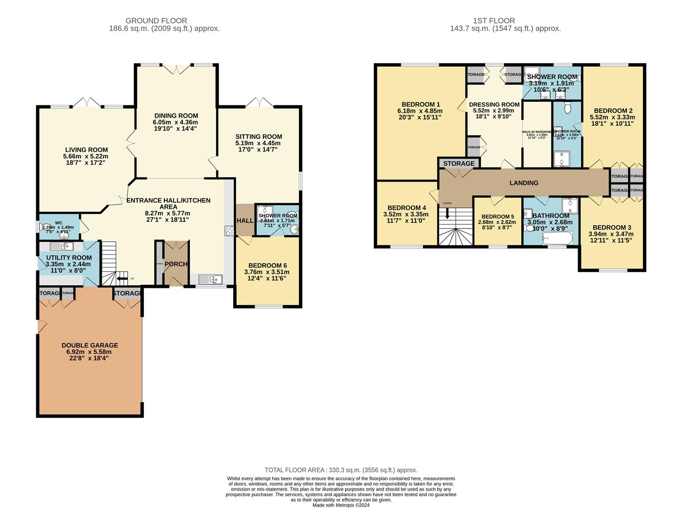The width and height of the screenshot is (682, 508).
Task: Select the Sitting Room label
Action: point(259,137)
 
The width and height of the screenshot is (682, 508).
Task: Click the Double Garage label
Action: point(90,345)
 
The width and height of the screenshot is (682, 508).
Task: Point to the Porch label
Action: point(176,264)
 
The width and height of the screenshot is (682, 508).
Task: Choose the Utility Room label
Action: point(69,258)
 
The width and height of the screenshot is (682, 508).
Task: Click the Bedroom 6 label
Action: point(267,265)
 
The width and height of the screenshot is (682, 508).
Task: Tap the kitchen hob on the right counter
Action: point(230,231)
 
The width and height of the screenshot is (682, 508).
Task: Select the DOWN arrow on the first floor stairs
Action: point(447,213)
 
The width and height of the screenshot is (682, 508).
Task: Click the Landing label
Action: point(524,183)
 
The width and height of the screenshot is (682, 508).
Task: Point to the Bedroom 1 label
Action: point(421,104)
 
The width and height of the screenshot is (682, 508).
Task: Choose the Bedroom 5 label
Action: point(497,217)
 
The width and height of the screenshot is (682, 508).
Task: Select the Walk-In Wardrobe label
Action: point(536,132)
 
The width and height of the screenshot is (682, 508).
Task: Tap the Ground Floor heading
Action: point(156,21)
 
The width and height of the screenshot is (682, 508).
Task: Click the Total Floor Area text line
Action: point(341,470)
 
